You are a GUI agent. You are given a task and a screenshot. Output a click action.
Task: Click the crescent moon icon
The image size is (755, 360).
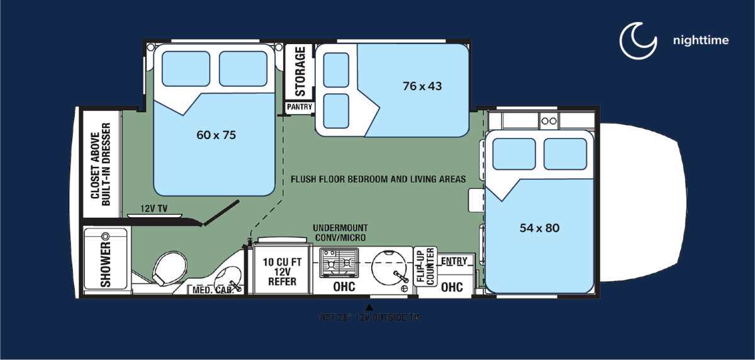tap(638, 40)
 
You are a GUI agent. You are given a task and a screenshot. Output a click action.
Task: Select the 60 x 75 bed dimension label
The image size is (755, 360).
tap(216, 134)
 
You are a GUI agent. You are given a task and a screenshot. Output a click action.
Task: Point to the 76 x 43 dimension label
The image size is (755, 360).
tap(422, 86)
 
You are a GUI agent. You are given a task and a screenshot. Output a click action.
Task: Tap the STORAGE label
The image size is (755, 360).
tap(300, 71)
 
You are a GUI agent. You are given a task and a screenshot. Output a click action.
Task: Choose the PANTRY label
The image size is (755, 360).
tap(299, 107)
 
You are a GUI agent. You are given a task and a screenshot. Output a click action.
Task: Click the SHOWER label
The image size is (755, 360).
tap(105, 265)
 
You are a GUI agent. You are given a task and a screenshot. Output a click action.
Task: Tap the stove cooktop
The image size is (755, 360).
tap(338, 262)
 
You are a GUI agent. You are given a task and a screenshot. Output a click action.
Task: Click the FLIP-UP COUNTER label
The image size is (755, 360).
tap(423, 266)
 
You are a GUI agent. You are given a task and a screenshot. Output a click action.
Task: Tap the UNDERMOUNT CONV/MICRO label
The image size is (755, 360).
tap(340, 232)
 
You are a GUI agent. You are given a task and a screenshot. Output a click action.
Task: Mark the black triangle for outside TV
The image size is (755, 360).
tap(369, 307)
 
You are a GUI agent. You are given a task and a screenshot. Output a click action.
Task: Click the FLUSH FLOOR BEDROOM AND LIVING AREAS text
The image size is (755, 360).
tap(378, 179)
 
